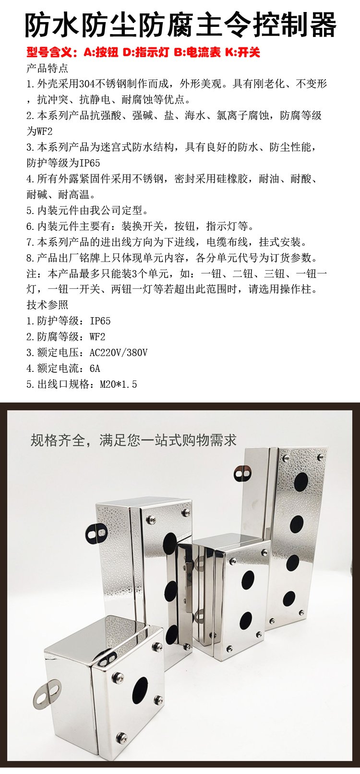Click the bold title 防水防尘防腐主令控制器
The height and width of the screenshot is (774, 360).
[x=180, y=25]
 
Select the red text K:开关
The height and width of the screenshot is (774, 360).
[x=242, y=52]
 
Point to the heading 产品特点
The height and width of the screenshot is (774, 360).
[x=48, y=68]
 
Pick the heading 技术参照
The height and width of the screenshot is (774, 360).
[x=48, y=305]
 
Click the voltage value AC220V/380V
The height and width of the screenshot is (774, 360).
[x=119, y=353]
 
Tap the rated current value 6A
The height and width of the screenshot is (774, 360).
[x=95, y=369]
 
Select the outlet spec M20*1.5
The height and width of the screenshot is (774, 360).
[x=119, y=384]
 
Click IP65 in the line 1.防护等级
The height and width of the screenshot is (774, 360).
[x=100, y=321]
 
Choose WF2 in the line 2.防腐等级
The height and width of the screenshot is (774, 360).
[x=97, y=337]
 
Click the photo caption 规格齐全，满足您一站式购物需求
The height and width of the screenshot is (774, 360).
[x=133, y=441]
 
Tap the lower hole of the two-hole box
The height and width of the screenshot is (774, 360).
[x=245, y=621]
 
